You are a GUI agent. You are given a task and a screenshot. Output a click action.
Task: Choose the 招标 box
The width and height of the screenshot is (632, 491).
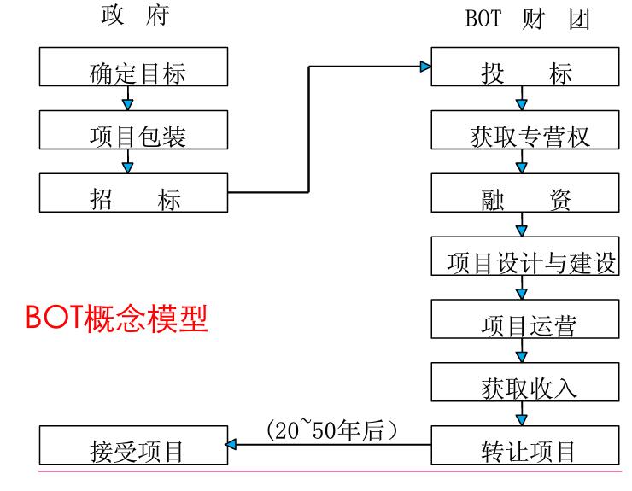click(134, 193)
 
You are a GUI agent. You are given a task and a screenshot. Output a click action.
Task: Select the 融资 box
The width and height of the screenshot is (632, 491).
click(524, 193)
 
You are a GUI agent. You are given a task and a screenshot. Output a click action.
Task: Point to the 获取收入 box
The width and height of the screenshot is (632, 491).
click(524, 382)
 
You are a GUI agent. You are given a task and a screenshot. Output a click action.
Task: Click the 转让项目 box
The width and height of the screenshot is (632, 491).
click(524, 445)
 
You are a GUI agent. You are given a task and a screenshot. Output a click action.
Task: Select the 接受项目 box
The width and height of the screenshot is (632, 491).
click(134, 445)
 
